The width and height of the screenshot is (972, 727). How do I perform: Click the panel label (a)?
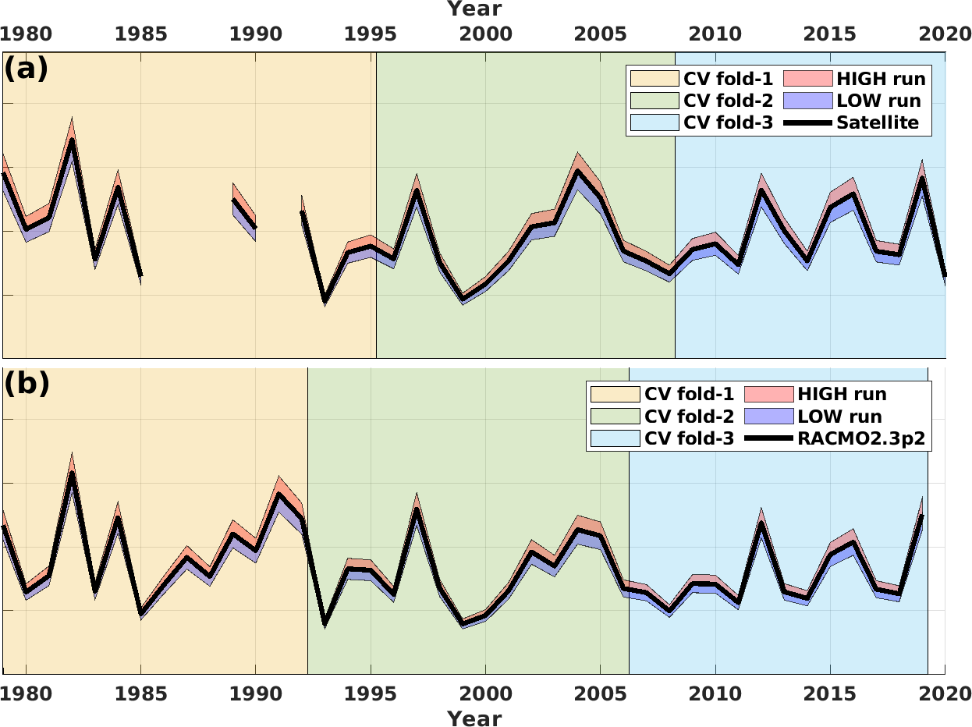click(26, 69)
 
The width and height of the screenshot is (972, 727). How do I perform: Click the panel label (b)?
click(27, 383)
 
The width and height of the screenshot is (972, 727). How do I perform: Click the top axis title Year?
click(474, 9)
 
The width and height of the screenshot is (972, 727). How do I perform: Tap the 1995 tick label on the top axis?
click(371, 34)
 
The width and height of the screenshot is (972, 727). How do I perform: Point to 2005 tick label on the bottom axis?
click(600, 693)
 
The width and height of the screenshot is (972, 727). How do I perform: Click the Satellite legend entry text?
click(878, 122)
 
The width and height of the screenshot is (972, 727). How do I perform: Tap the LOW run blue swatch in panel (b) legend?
click(769, 416)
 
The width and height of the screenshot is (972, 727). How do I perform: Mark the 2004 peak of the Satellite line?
click(577, 170)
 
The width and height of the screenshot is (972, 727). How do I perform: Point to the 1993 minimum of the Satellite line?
click(325, 300)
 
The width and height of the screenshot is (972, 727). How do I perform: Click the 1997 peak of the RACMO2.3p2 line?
click(417, 509)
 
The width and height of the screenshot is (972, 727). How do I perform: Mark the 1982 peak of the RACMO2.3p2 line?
click(72, 473)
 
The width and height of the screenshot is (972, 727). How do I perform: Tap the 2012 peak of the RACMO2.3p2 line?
click(761, 523)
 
